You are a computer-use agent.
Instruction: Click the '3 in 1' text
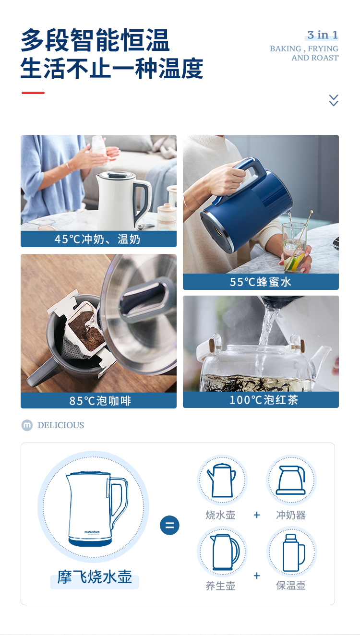323,35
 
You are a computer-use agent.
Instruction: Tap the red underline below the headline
33,93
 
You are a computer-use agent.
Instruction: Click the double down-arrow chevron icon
333,100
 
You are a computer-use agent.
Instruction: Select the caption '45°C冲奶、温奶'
97,239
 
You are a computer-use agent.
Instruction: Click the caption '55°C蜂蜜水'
261,282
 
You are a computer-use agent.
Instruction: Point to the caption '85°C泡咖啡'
100,401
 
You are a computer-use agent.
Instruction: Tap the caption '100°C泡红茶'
264,400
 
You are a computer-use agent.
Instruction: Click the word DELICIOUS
60,425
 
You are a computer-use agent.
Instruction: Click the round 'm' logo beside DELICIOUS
27,425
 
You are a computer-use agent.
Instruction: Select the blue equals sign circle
169,525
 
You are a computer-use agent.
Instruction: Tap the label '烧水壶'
220,515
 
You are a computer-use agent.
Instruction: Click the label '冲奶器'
291,515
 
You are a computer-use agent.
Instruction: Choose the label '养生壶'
220,586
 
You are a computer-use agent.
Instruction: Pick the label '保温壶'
291,585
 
